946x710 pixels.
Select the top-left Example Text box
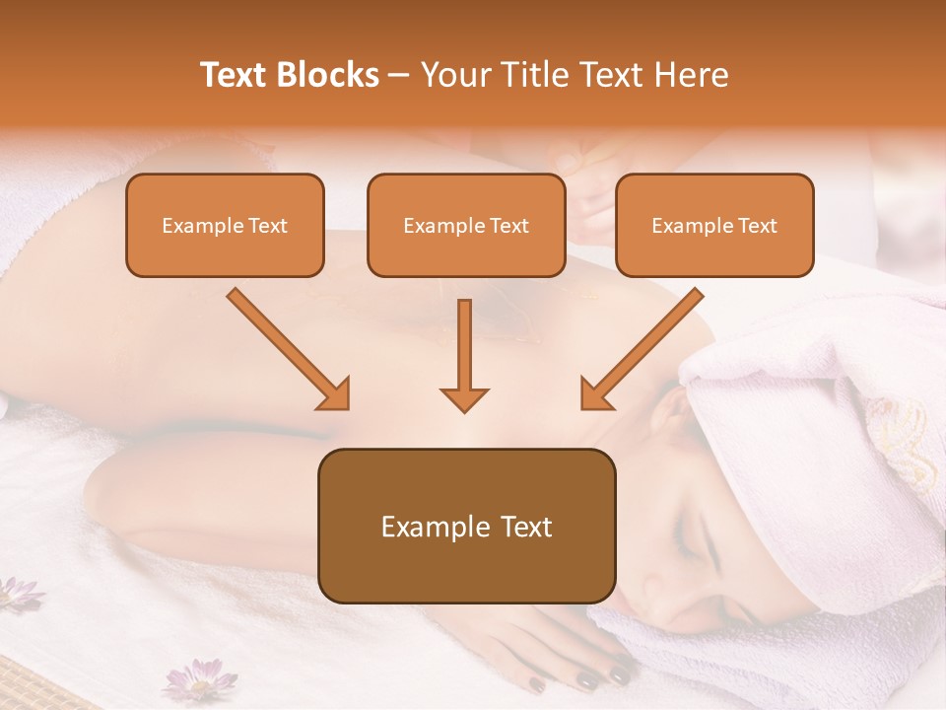coord(225,225)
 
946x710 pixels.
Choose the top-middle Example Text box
coord(466,225)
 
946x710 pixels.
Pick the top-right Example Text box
coord(714,225)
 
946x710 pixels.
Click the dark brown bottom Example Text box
coord(466,526)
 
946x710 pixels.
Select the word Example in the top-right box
coord(690,226)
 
